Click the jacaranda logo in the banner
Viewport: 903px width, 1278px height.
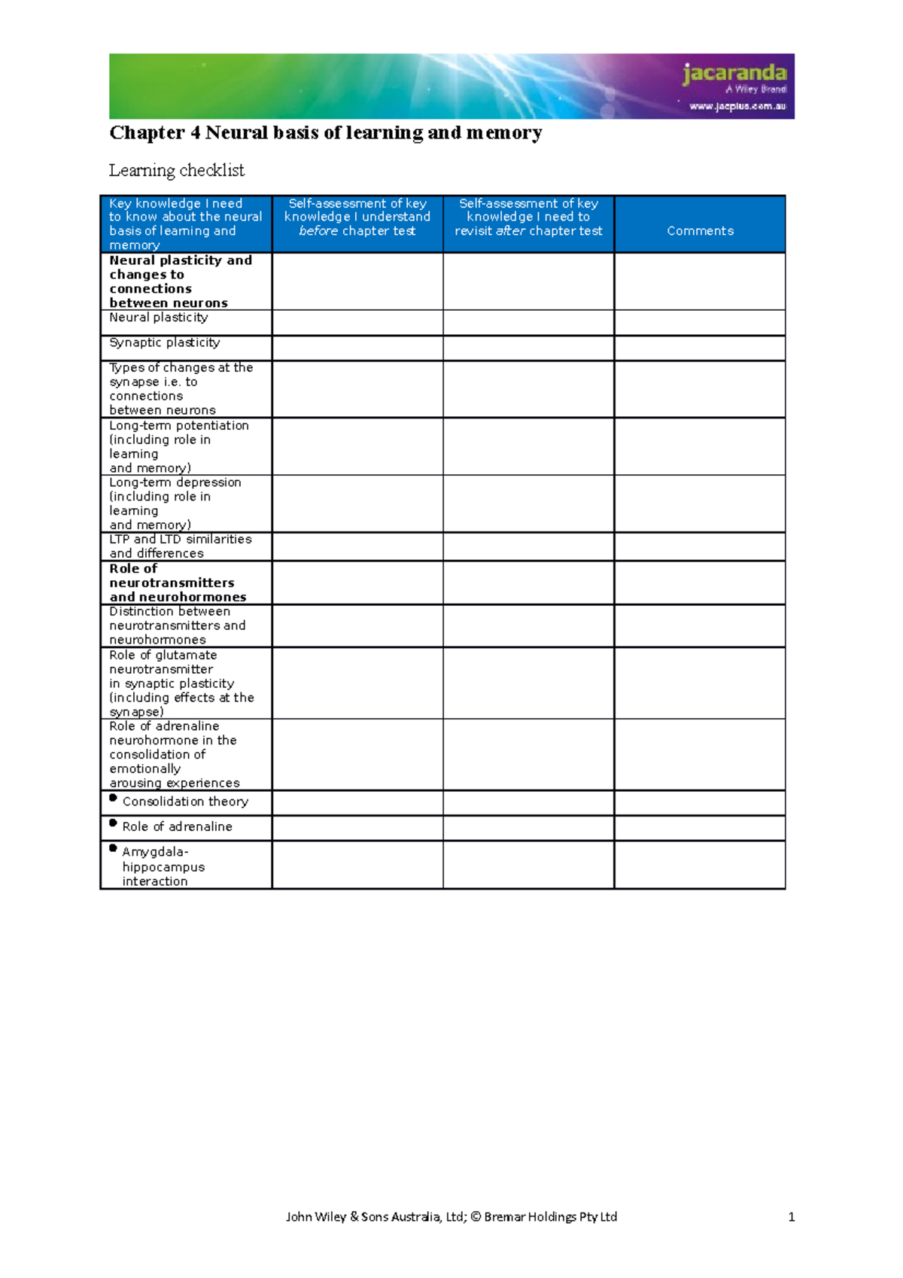734,74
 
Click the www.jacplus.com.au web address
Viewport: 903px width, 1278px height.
737,106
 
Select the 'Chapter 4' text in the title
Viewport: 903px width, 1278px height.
155,133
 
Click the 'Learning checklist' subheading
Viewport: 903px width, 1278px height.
177,171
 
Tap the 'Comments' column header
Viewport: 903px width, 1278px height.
700,231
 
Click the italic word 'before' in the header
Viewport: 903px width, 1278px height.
318,231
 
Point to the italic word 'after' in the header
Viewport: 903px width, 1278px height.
510,231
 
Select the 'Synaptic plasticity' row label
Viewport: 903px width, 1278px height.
165,342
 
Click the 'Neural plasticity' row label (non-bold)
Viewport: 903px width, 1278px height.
159,318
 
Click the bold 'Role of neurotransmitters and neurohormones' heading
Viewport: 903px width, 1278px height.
178,583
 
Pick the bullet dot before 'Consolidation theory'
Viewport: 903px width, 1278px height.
114,798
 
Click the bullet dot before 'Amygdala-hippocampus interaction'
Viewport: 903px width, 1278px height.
114,848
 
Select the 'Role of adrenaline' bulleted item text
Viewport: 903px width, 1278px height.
177,826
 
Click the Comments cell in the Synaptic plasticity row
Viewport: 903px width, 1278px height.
700,348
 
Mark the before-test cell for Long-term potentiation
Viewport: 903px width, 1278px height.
357,446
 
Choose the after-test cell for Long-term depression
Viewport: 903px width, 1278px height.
528,504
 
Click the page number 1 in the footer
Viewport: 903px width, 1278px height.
791,1217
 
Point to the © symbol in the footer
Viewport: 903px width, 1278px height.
476,1217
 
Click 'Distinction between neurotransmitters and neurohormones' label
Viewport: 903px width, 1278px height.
177,625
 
